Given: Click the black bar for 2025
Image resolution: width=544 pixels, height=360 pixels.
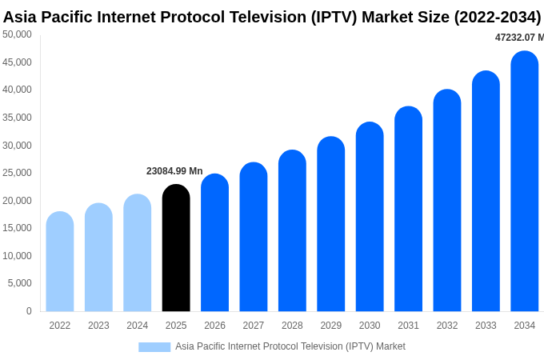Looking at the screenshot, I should coord(176,248).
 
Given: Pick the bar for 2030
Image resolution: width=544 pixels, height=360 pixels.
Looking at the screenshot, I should coord(370,217).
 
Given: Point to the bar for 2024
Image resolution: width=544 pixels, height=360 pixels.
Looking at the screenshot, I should coord(138,253).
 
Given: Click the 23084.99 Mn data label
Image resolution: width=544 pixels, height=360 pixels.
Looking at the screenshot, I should coord(174,171).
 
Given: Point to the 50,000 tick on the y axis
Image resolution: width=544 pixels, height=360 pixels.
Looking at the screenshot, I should coord(17,34).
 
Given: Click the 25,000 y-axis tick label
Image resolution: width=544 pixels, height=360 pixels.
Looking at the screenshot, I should coord(17,173).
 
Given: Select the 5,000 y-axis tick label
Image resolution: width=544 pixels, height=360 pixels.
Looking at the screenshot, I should coord(19,283).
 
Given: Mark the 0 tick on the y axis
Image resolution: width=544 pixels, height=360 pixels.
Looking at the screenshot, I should coord(29,311).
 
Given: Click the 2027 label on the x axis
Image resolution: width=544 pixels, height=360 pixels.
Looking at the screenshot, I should coord(254,326).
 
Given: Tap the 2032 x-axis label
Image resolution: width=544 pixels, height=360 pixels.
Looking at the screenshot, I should coord(447,326).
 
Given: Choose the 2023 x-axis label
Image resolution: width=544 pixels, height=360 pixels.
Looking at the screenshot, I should coord(98,326).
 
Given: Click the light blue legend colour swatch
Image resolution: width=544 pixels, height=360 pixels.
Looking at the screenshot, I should coord(154,347).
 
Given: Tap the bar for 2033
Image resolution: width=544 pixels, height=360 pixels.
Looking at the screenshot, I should coord(486,191).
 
